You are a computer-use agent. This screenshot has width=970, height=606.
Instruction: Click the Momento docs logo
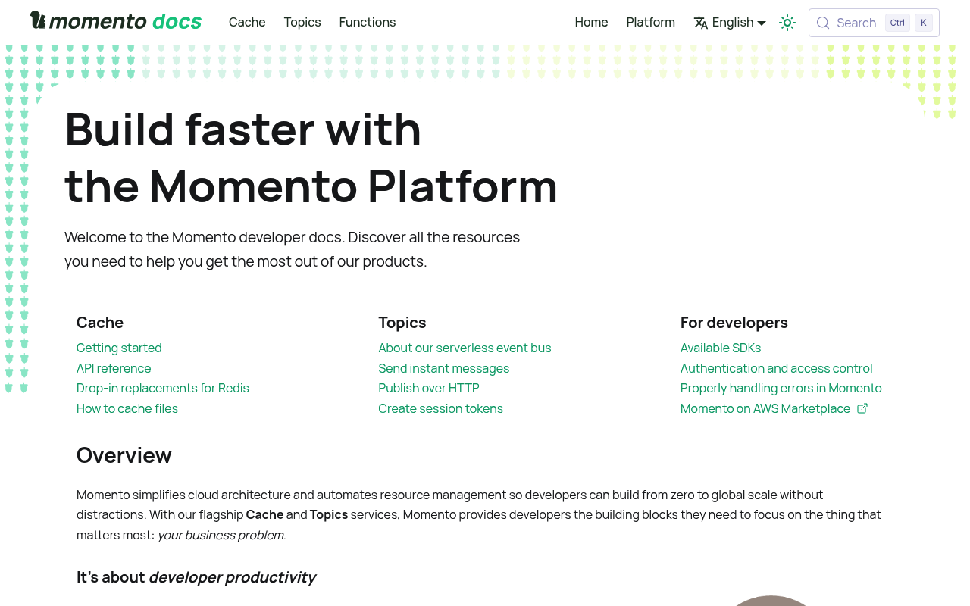click(x=116, y=20)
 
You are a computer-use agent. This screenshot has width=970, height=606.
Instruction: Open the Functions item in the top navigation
click(x=368, y=22)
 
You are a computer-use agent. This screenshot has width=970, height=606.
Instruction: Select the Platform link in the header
click(x=650, y=22)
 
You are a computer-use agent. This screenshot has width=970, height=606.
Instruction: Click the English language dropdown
click(x=730, y=23)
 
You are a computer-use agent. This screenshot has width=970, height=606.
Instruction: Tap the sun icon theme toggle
click(x=787, y=23)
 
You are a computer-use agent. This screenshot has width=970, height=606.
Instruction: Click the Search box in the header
click(x=874, y=23)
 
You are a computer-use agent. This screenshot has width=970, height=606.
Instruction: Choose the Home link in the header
click(x=591, y=22)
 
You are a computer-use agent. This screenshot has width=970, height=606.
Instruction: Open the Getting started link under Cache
click(x=119, y=348)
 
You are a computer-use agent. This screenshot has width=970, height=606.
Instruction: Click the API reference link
click(x=114, y=368)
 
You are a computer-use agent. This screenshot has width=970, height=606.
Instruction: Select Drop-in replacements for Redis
click(x=163, y=389)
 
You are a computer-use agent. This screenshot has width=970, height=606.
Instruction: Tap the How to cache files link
click(x=127, y=408)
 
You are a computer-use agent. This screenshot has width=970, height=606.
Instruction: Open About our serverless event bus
click(x=465, y=348)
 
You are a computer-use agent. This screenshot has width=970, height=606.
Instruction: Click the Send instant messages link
click(x=444, y=368)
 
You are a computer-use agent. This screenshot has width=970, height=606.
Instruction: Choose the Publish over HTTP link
click(x=429, y=389)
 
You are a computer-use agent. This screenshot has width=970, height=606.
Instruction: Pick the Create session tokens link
click(x=441, y=408)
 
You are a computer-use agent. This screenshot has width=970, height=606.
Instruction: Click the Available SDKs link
click(x=721, y=348)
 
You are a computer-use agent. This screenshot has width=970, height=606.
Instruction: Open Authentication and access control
click(x=777, y=368)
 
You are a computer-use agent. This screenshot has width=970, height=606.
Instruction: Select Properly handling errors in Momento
click(x=781, y=389)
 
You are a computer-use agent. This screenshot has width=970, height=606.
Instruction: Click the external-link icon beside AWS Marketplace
click(x=862, y=408)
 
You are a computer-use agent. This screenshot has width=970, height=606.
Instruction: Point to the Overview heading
click(x=124, y=455)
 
